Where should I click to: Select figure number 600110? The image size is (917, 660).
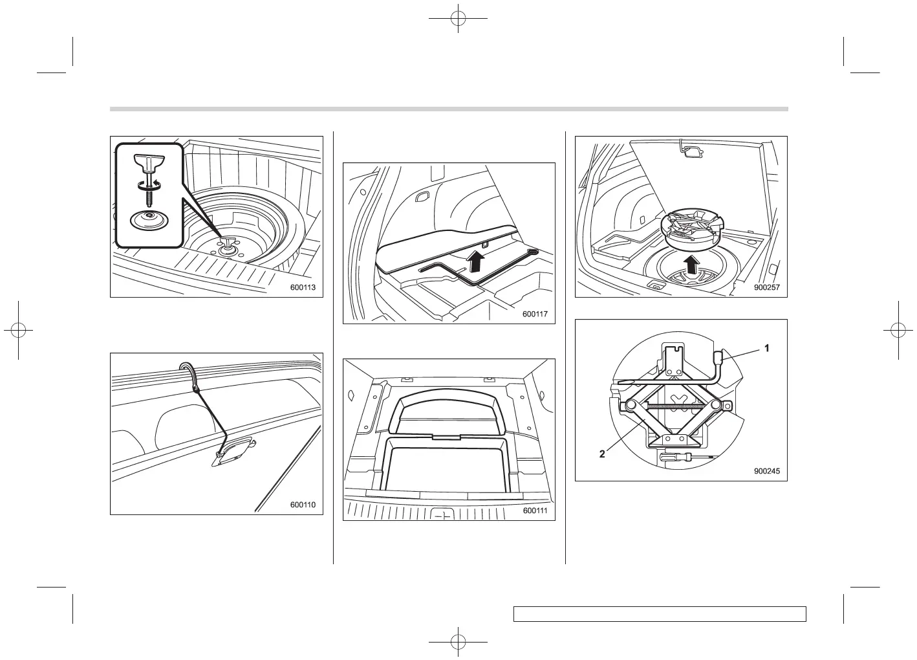tap(303, 505)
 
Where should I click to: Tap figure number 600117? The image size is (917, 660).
tap(535, 314)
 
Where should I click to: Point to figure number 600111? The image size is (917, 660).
tap(535, 511)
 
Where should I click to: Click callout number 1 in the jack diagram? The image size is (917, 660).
tap(767, 348)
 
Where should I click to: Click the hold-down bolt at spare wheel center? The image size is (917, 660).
tap(229, 243)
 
